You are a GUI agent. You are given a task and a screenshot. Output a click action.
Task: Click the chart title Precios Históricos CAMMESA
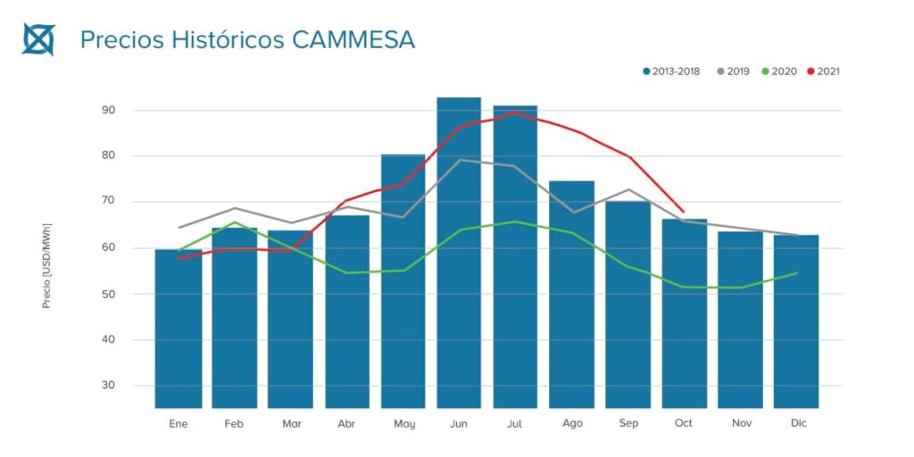247,40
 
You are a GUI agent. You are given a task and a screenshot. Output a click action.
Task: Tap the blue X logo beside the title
38,39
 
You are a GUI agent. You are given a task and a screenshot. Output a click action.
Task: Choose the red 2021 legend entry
823,71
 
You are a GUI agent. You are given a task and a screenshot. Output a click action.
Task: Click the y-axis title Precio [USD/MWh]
46,266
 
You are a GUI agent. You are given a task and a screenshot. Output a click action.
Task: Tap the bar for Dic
796,321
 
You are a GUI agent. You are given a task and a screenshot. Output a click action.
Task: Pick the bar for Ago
571,295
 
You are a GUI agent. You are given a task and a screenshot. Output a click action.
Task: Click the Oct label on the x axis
684,423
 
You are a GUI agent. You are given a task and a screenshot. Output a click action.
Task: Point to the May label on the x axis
403,423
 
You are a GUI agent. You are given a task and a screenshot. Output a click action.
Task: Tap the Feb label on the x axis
234,423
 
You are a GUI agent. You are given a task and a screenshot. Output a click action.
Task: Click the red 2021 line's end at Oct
684,212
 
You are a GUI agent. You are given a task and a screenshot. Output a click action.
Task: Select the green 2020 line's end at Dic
796,273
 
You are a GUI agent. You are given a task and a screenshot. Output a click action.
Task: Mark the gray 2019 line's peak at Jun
460,160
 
